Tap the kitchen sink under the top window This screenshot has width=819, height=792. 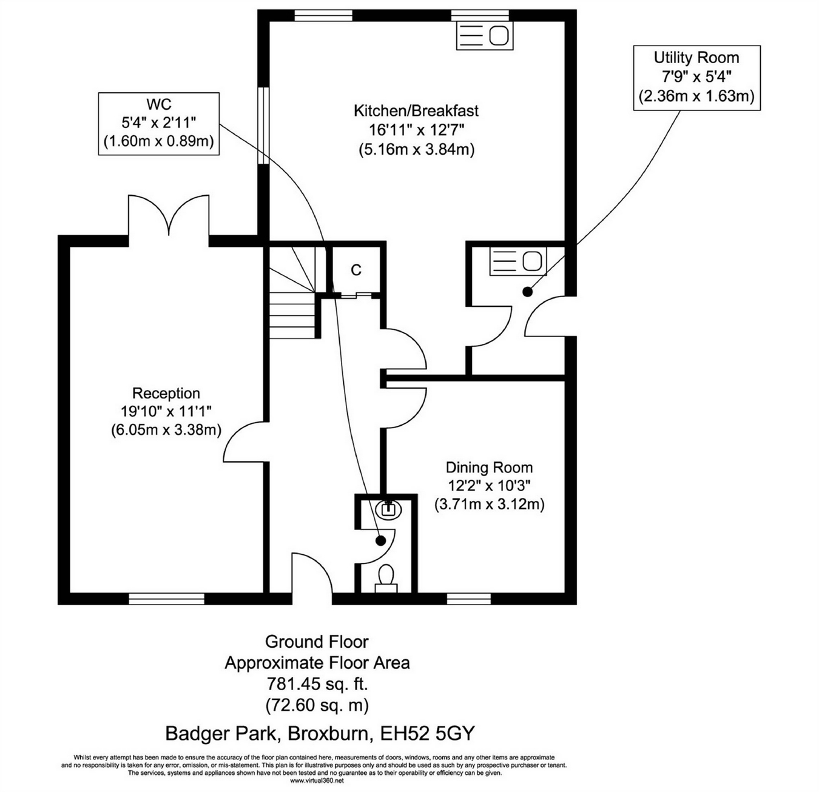(484, 36)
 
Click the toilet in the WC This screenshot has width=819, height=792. (386, 577)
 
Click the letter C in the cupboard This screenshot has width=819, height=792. (356, 270)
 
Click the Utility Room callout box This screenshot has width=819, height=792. (696, 77)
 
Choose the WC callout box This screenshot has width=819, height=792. (159, 123)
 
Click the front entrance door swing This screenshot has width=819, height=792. (311, 573)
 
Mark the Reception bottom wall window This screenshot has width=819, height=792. (166, 599)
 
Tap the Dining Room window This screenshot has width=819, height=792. (468, 599)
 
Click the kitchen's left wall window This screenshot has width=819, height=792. (263, 126)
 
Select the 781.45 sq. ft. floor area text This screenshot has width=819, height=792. (317, 684)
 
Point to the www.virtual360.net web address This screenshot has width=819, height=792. (317, 781)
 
